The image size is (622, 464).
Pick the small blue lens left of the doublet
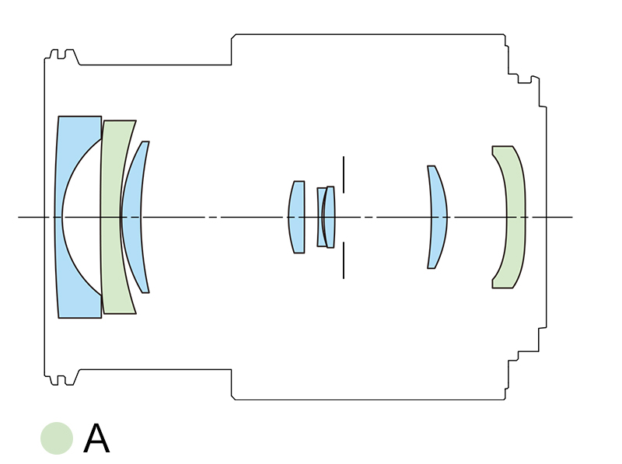tap(296, 218)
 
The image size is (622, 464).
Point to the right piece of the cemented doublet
tap(330, 218)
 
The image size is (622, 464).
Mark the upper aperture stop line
tap(343, 175)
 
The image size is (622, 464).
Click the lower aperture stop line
tap(343, 260)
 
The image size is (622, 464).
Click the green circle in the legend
tap(57, 438)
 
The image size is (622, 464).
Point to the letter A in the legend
tap(96, 439)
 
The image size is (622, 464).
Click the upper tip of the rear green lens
tap(502, 148)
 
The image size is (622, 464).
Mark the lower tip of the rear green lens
tap(502, 286)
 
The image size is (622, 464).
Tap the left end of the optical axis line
tap(20, 217)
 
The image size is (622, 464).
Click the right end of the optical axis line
tap(571, 217)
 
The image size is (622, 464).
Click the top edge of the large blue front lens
tap(79, 117)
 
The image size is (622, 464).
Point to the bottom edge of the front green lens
tap(120, 313)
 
